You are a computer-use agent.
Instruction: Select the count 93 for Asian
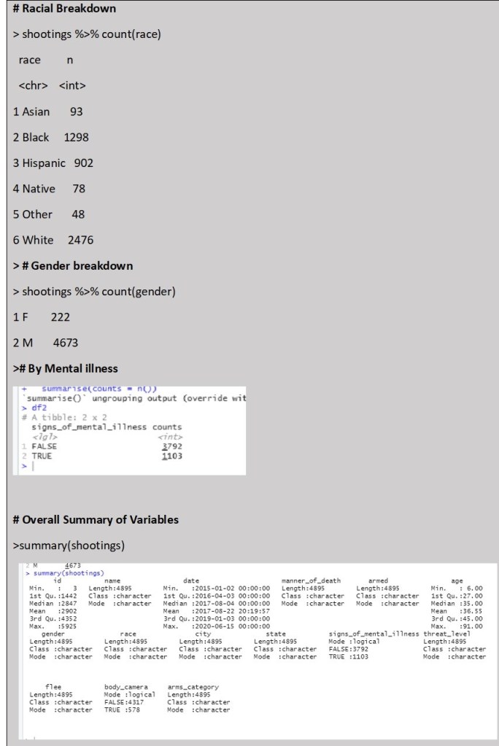tap(77, 112)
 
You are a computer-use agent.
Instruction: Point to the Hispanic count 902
tap(84, 163)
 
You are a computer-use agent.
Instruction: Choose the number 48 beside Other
tap(78, 214)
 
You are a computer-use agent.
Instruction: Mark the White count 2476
tap(80, 240)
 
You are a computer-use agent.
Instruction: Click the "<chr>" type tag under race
tap(33, 86)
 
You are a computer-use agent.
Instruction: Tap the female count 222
tap(61, 317)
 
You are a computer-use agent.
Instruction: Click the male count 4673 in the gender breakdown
tap(66, 343)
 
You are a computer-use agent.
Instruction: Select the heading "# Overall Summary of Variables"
tap(96, 520)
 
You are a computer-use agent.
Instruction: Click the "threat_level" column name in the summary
tap(447, 634)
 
